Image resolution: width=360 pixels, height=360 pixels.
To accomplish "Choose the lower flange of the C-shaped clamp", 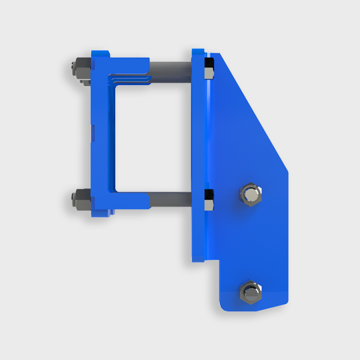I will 126,199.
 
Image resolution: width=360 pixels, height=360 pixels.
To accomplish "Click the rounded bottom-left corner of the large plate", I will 223,306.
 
